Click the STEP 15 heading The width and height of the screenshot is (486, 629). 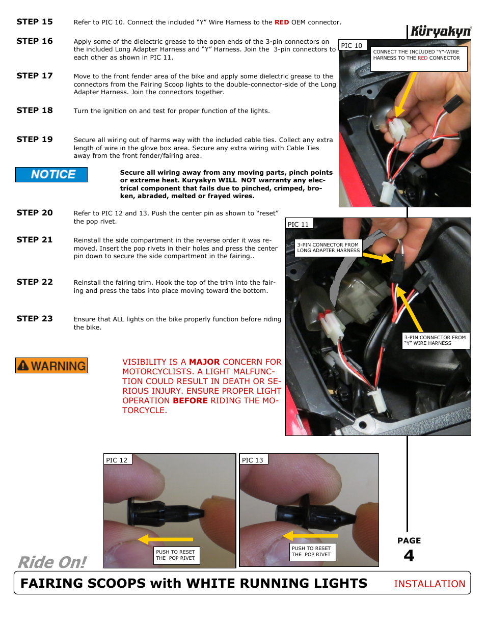click(35, 22)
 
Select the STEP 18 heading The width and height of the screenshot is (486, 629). click(35, 111)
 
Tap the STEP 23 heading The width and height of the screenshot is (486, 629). click(35, 319)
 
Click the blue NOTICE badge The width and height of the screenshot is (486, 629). click(51, 175)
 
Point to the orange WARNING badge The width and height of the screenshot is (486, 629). click(51, 366)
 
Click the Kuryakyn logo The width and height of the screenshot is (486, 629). click(441, 32)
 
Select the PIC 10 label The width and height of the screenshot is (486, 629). click(352, 45)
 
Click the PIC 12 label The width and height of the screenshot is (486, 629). click(117, 460)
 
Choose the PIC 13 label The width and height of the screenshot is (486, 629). click(253, 460)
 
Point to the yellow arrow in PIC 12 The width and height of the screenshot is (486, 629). click(165, 539)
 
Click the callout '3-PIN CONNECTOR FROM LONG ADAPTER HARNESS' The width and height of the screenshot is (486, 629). click(329, 248)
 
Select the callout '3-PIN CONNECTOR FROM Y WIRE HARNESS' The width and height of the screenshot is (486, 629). click(436, 340)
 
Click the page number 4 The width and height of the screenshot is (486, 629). click(409, 556)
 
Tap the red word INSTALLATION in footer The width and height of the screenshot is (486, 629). click(429, 584)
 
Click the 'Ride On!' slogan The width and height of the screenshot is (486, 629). click(52, 562)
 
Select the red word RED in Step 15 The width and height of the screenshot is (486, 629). click(282, 22)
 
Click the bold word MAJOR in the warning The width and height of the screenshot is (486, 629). click(204, 362)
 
